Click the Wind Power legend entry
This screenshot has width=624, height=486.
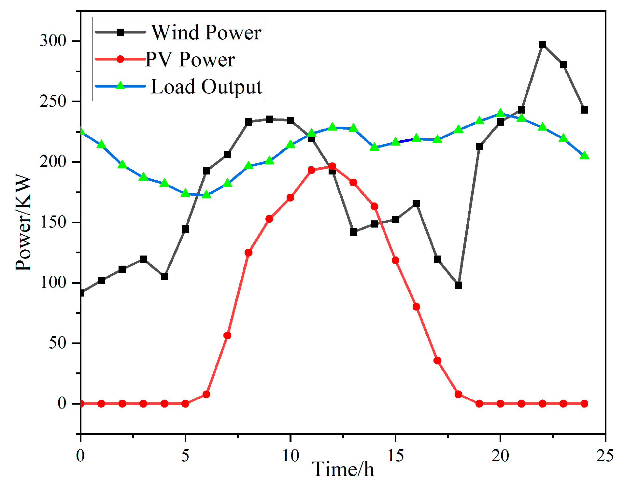[206, 32]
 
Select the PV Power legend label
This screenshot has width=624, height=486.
[190, 59]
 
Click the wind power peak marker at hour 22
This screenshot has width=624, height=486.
[542, 45]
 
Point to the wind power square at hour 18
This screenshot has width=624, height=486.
[458, 285]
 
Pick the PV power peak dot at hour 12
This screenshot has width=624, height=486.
[332, 166]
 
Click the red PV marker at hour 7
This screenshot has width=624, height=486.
[227, 335]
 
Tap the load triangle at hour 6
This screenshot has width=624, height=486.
[206, 194]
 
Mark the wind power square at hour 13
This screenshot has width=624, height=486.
[353, 232]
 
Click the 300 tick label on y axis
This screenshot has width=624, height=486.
[53, 41]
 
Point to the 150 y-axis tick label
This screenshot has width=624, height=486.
[53, 222]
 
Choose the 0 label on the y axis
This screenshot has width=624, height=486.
[62, 404]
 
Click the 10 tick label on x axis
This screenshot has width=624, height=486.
[290, 456]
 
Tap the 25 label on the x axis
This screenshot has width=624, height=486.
[605, 456]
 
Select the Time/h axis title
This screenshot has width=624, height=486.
[343, 470]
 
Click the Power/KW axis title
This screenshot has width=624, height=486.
[23, 222]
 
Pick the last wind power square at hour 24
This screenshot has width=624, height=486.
[584, 110]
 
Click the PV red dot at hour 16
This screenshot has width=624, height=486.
[416, 307]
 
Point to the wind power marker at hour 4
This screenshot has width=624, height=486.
[164, 277]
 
